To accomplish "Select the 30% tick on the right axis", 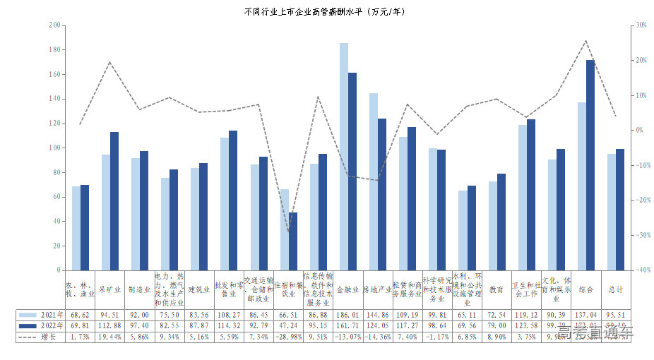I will click(641, 25).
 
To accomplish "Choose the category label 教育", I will click(497, 289).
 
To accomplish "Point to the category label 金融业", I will click(348, 289).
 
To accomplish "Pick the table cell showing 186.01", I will click(348, 315).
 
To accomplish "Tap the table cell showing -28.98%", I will click(288, 337).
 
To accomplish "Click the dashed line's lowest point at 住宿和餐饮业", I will click(288, 232).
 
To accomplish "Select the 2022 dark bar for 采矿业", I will click(114, 201).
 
